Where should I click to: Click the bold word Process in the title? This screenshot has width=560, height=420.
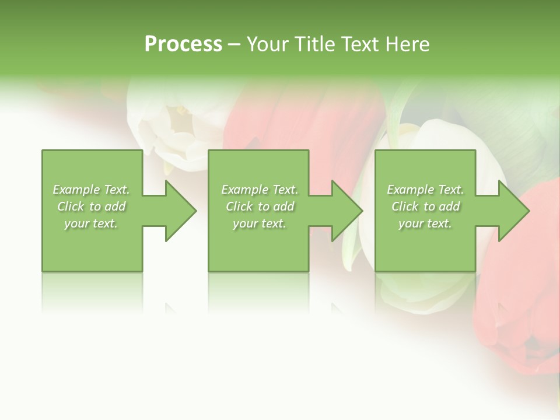point(183,44)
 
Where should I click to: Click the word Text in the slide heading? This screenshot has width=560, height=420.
point(360,44)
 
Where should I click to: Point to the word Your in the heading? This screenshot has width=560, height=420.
point(268,44)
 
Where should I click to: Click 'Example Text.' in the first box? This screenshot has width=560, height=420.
point(91,190)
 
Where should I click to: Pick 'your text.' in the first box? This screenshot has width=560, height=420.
point(91,223)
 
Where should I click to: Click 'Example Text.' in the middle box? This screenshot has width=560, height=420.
point(260,190)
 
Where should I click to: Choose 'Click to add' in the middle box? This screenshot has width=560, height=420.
point(260,206)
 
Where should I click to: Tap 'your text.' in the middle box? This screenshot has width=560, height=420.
point(260,223)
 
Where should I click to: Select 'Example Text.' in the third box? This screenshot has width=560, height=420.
point(425,190)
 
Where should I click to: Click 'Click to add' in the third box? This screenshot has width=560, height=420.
point(425,206)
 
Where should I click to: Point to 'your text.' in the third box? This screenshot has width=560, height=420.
point(425,223)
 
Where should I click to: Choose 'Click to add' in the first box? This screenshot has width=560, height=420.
point(91,206)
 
